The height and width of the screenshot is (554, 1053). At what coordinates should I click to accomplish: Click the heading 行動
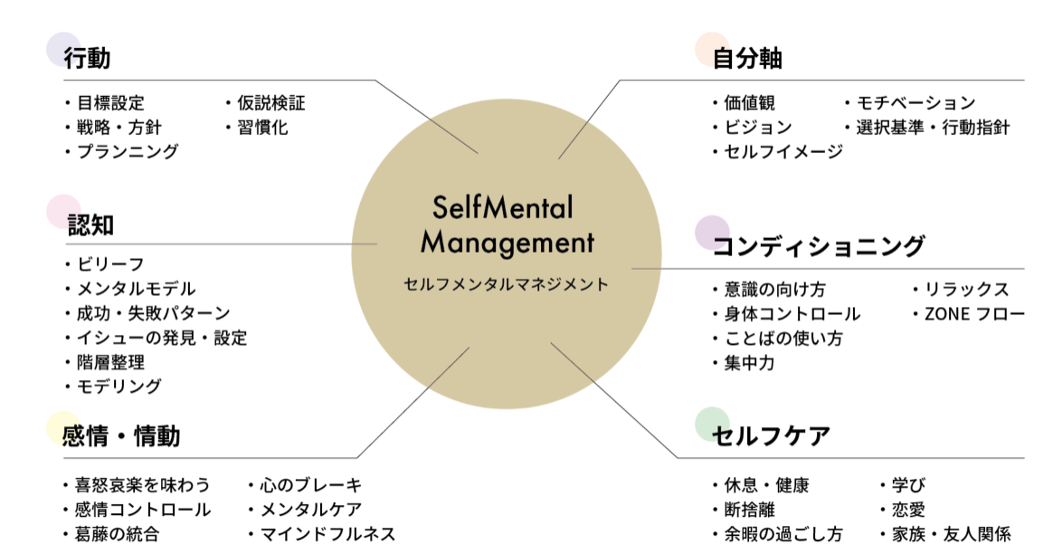87,59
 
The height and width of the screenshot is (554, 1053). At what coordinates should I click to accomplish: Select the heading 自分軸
747,59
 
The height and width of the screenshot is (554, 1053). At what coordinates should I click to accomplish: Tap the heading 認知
90,224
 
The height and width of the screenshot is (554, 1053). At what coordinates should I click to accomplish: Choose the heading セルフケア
771,436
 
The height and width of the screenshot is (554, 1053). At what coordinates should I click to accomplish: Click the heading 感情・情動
121,436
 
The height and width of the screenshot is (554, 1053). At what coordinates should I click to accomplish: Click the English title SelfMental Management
507,225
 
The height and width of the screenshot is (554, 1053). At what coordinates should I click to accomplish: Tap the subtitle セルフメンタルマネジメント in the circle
507,284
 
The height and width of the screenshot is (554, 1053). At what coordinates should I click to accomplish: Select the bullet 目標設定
110,103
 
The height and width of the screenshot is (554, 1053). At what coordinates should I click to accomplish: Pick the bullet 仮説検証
270,103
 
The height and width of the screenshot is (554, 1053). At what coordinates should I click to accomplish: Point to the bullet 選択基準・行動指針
933,128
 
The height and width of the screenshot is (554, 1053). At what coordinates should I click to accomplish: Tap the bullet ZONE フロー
973,314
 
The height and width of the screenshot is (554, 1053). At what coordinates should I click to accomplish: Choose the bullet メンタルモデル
136,290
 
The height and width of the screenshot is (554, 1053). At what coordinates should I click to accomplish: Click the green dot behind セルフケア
712,425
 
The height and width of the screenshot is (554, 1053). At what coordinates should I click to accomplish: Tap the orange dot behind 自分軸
712,49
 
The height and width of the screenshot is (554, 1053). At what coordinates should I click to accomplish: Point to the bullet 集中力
749,363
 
